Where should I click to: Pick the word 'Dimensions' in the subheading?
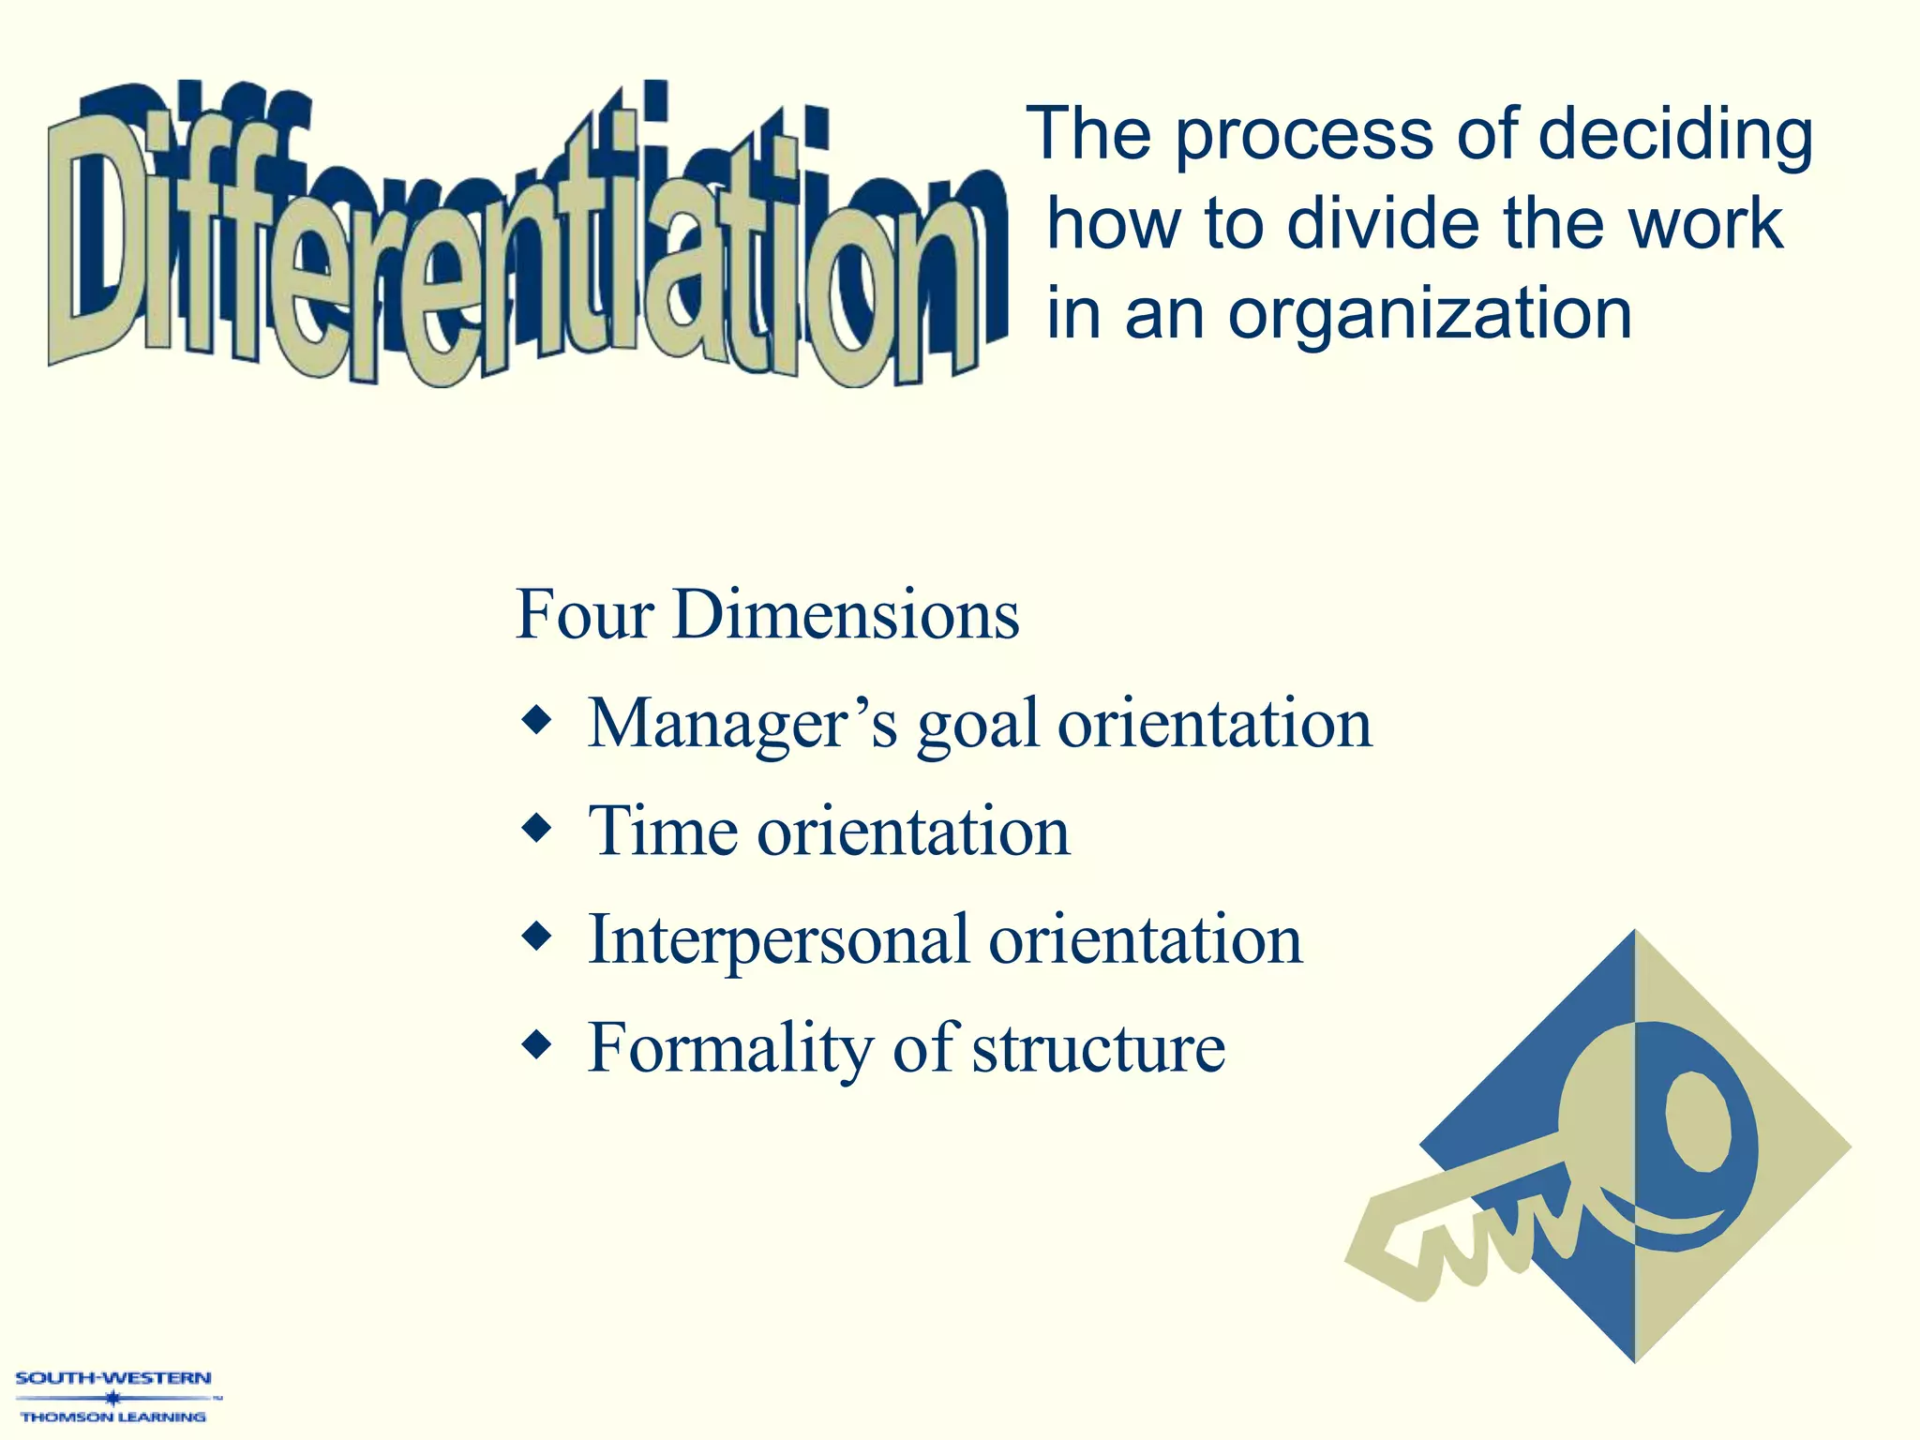(x=846, y=615)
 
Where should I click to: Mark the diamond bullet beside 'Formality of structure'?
(x=537, y=1043)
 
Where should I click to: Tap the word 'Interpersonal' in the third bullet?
(x=778, y=940)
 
